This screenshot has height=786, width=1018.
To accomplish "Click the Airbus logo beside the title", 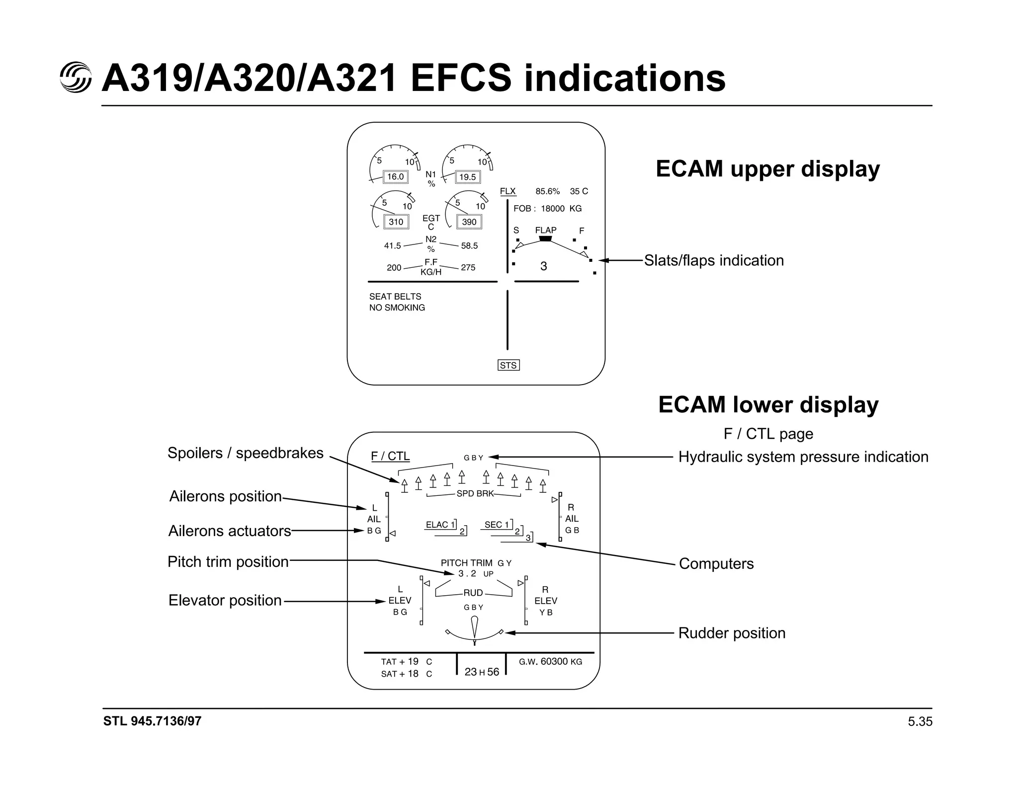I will coord(76,78).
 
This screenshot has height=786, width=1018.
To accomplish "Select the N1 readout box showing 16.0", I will coord(396,177).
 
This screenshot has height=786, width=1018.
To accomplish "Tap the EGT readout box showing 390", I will coord(469,222).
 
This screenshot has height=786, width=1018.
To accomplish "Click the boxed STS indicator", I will coord(508,366).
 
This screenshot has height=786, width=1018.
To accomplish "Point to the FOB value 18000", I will coord(553,209).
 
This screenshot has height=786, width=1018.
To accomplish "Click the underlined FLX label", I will coord(508,191).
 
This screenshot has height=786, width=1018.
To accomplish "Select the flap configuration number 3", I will coord(543,267).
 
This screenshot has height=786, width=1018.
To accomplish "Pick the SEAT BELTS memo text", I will coord(395,297).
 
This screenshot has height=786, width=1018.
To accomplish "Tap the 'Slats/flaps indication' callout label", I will coord(714,260).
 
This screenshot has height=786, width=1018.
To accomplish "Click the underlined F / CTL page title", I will coord(390,456).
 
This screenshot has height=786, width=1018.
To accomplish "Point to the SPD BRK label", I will coord(475,494).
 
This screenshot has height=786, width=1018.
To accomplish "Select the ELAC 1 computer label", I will coord(440,525).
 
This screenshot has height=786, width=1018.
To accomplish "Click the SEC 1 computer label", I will coord(497,525).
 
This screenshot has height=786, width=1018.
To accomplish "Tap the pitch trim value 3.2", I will coord(467,574).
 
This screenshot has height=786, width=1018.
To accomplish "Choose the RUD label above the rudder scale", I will coord(473,593).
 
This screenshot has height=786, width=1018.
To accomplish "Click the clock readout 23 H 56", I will coord(482,672).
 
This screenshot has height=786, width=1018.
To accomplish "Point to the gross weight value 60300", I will coord(554,661).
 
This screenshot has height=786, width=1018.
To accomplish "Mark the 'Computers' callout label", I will coord(716,564).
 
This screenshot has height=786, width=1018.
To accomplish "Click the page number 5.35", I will coord(920,722).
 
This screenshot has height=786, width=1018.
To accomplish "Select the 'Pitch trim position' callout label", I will coord(228,562).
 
